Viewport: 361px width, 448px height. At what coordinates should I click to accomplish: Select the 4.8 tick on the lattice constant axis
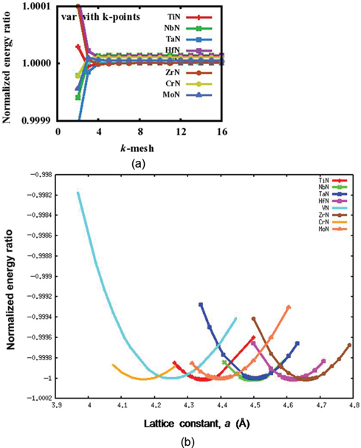coord(353,405)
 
